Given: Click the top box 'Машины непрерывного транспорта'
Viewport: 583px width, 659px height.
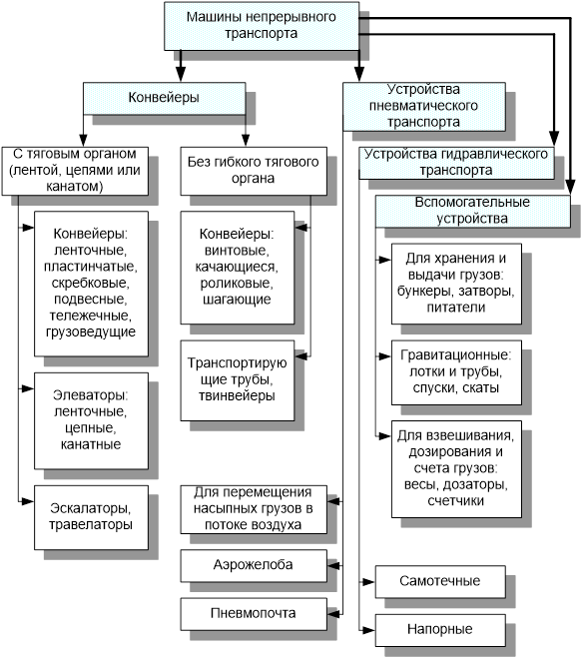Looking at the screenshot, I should pos(262,25).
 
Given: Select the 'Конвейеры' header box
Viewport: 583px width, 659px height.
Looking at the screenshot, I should pos(164,98).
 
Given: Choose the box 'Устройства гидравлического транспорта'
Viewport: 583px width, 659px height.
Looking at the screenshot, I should pos(457,163).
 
